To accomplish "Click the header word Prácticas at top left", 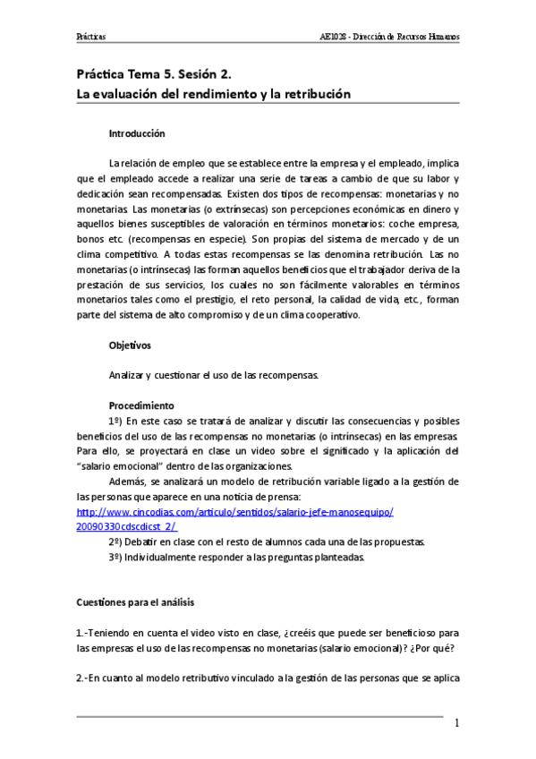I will (91, 38).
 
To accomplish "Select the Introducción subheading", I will (137, 133).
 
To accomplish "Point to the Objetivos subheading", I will (130, 344).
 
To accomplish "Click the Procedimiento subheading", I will (140, 405).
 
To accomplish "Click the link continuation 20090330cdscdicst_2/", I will (126, 527).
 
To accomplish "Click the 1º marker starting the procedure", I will (115, 421).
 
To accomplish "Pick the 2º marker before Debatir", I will (115, 542).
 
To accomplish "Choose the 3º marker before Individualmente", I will (115, 558).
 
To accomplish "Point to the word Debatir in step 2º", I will (145, 542).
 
